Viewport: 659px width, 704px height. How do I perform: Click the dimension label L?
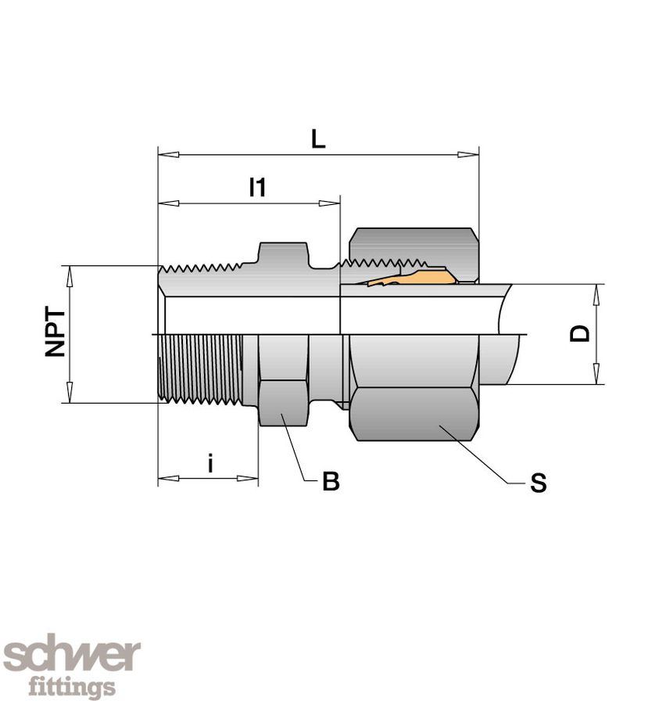[x=317, y=139]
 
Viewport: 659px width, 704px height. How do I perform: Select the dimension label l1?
[x=257, y=188]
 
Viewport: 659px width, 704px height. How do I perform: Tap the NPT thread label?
[x=55, y=334]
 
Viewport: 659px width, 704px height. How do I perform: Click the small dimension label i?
[x=210, y=464]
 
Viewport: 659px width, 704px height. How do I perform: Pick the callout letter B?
[x=331, y=482]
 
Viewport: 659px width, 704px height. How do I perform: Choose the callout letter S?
[x=538, y=483]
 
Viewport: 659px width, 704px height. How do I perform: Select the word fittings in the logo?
[x=72, y=687]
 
